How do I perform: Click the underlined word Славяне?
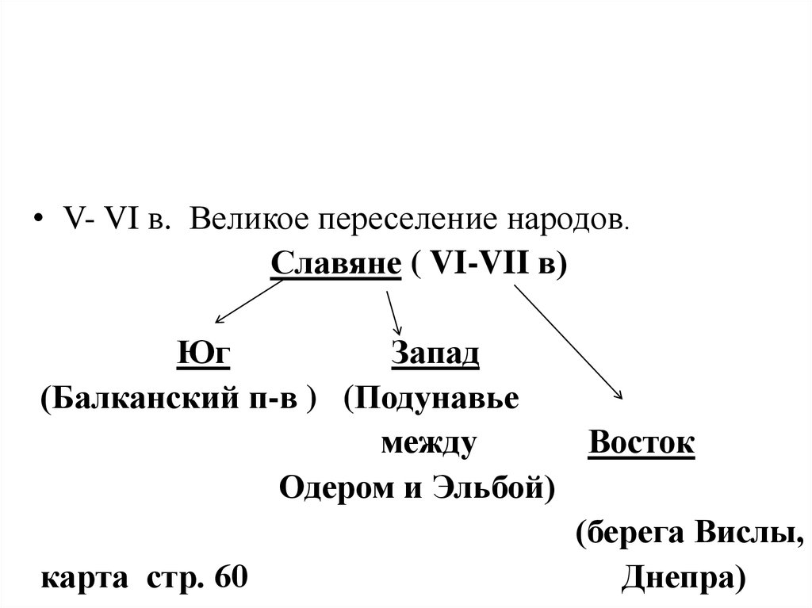tap(335, 263)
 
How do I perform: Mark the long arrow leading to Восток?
tap(569, 342)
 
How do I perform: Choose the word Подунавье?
tap(440, 397)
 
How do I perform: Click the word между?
tap(428, 442)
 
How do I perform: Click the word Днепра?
tap(683, 576)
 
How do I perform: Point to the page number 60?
tap(232, 576)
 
